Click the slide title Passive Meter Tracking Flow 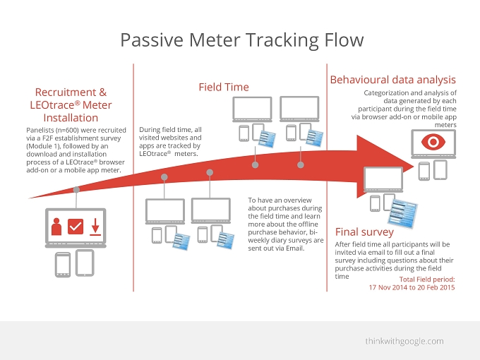[x=242, y=40]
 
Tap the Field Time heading [x=224, y=87]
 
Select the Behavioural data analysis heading [x=392, y=80]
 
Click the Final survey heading [x=364, y=232]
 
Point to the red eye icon [x=433, y=142]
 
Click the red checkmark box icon [x=76, y=227]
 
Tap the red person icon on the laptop [x=56, y=227]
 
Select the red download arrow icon [x=95, y=227]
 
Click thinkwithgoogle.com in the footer [x=404, y=341]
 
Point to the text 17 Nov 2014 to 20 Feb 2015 [x=412, y=287]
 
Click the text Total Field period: [x=427, y=280]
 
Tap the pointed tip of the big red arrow [x=414, y=166]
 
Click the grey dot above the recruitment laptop [x=76, y=190]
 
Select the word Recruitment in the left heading [x=66, y=92]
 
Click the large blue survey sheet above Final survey [x=403, y=213]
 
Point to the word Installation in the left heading [x=71, y=118]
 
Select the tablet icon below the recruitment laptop [x=85, y=263]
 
